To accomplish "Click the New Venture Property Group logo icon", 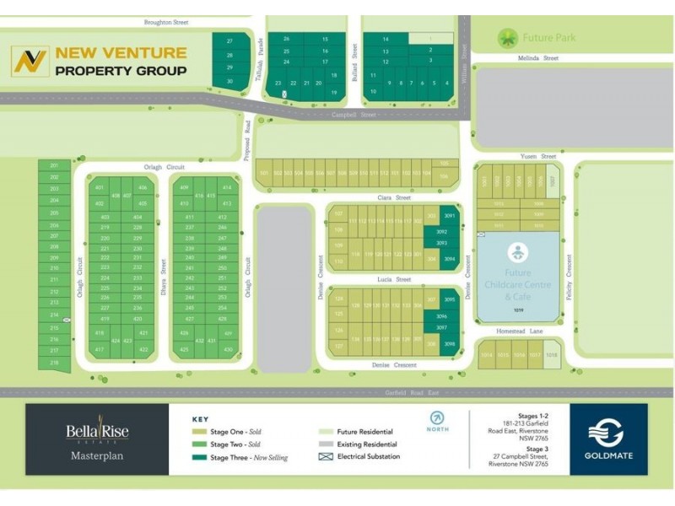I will pyautogui.click(x=30, y=62).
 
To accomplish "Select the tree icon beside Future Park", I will pyautogui.click(x=507, y=38).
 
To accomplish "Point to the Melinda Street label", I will pyautogui.click(x=538, y=58).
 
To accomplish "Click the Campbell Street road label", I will pyautogui.click(x=354, y=115).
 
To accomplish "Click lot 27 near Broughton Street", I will pyautogui.click(x=229, y=40).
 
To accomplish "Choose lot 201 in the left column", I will pyautogui.click(x=54, y=165).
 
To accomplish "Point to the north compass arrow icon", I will pyautogui.click(x=437, y=417).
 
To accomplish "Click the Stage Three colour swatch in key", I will pyautogui.click(x=200, y=457).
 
